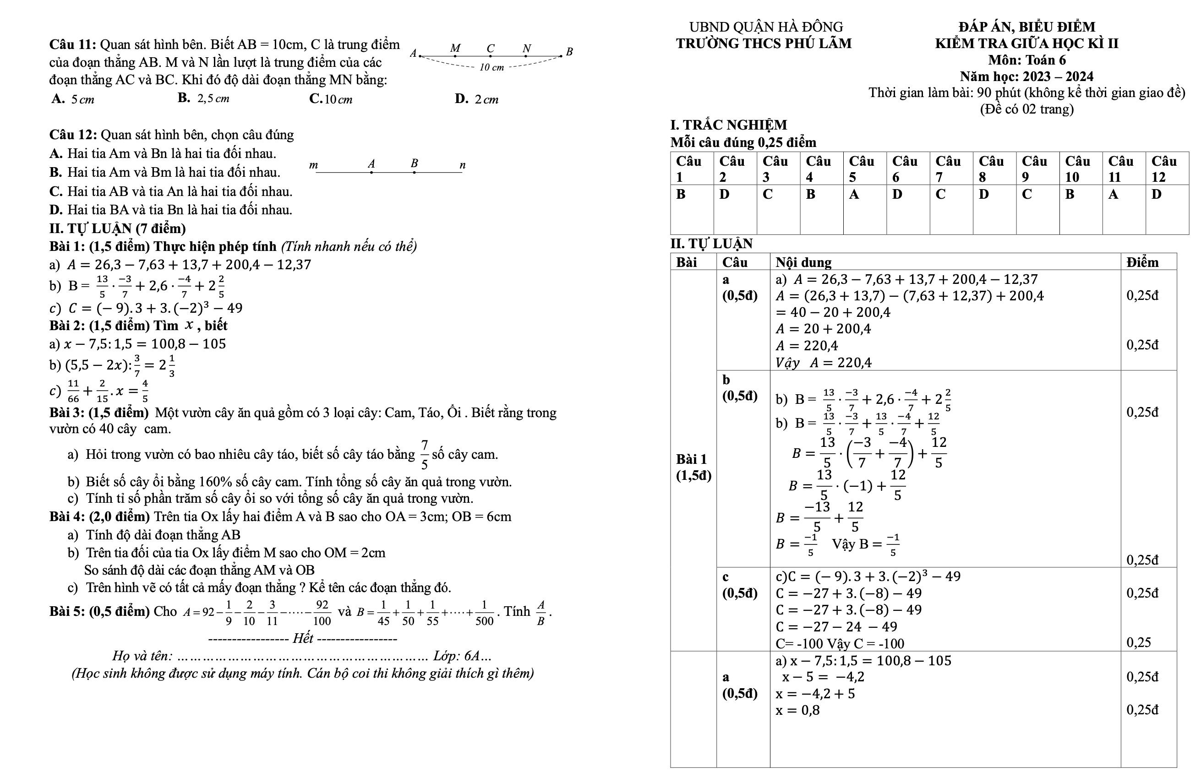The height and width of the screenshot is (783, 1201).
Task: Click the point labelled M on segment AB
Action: point(455,55)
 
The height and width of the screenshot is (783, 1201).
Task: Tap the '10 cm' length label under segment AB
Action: point(491,68)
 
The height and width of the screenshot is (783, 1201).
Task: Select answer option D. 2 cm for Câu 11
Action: point(476,99)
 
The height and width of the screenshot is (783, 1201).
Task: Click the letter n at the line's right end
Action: point(462,165)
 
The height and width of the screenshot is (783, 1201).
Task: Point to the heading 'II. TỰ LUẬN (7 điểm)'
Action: point(118,228)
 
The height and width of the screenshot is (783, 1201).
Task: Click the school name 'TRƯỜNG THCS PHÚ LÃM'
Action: point(764,44)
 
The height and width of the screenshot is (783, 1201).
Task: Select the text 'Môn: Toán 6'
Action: point(1026,60)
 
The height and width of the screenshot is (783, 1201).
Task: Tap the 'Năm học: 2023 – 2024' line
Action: point(1026,76)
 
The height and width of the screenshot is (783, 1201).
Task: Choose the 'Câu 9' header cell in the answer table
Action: point(1037,169)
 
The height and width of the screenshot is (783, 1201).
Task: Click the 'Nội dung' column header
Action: point(803,262)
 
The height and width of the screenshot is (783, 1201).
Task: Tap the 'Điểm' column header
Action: point(1142,262)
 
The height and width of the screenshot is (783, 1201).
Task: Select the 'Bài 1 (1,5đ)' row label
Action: point(693,467)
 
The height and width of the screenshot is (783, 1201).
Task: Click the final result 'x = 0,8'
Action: point(798,710)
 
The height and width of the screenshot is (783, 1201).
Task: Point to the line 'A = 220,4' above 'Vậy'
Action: point(807,346)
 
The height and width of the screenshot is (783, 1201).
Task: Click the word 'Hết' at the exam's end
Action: point(303,638)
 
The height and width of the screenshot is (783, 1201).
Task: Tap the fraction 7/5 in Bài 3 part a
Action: point(425,454)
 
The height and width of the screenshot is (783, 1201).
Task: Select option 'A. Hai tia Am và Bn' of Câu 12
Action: point(163,153)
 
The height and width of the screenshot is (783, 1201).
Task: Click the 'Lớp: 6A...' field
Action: point(462,656)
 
